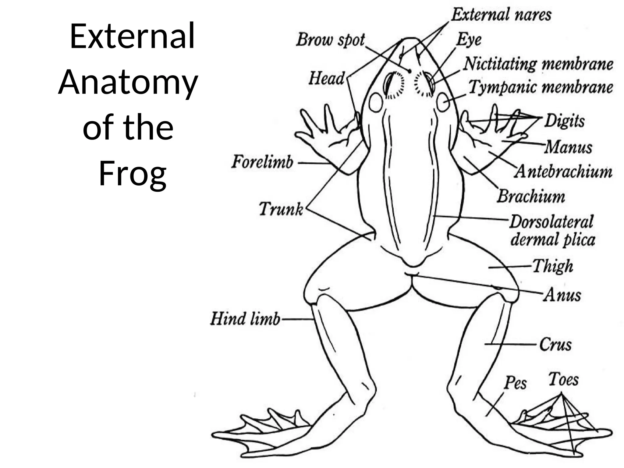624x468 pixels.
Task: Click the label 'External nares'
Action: [x=501, y=15]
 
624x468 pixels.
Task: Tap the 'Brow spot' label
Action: [x=330, y=40]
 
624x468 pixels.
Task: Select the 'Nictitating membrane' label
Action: [x=538, y=64]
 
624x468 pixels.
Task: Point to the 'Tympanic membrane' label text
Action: [x=541, y=87]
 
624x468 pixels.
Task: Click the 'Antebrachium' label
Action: [x=563, y=172]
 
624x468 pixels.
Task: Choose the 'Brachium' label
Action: [x=531, y=196]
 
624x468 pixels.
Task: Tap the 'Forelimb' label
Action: [x=262, y=162]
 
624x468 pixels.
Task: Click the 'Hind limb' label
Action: [x=245, y=319]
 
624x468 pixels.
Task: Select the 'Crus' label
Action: [x=555, y=345]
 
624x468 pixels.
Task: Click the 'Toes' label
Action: [x=563, y=380]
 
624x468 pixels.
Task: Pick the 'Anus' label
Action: [x=562, y=295]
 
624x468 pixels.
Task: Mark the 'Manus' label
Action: [x=569, y=147]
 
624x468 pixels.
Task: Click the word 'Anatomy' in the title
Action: [x=128, y=83]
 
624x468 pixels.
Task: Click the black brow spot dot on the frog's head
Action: [x=410, y=71]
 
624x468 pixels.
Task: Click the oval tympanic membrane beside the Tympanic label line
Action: [x=443, y=102]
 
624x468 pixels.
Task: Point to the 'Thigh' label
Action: [x=553, y=266]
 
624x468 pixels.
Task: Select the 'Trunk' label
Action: [x=281, y=209]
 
